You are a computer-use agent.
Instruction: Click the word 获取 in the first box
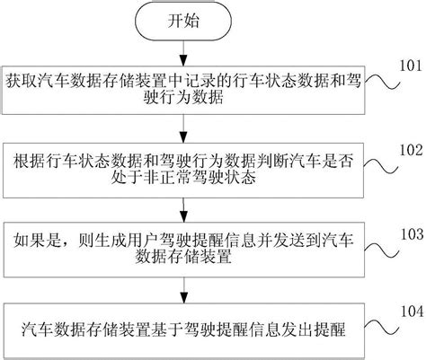[x=22, y=78]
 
